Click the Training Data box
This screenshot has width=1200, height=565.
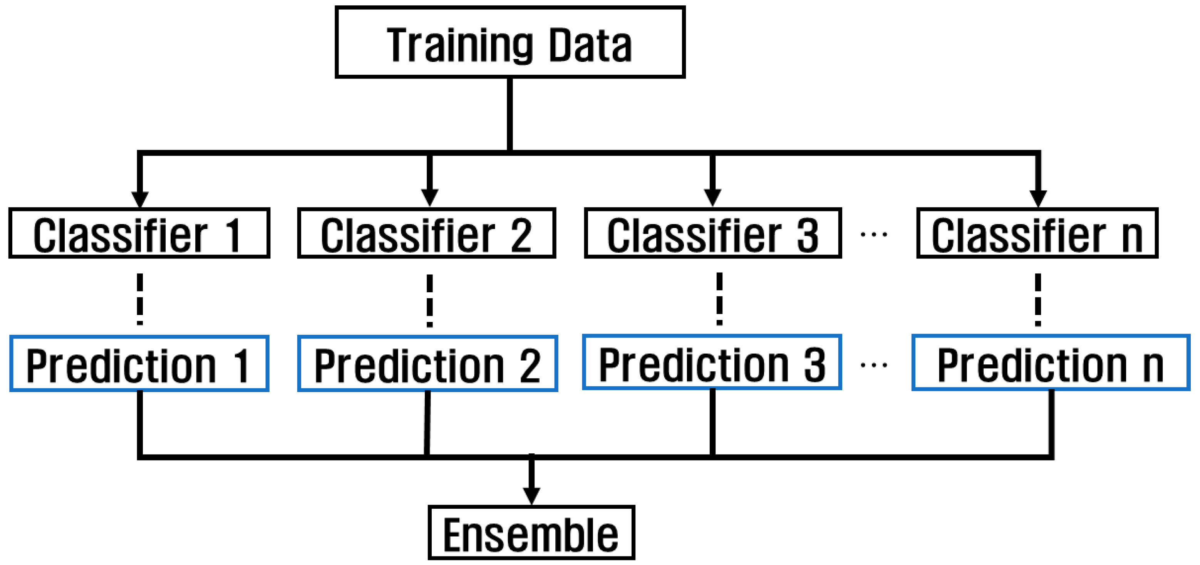(x=509, y=42)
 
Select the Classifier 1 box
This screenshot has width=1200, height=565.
(x=139, y=233)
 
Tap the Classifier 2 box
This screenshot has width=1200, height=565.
(x=426, y=233)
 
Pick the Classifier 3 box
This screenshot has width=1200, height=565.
(x=712, y=233)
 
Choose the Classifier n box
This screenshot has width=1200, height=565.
(x=1037, y=233)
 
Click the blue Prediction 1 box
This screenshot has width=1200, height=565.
(x=139, y=363)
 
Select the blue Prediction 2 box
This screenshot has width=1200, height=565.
(x=427, y=363)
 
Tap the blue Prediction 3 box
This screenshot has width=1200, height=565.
(x=711, y=362)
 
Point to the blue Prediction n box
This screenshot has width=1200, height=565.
(x=1051, y=362)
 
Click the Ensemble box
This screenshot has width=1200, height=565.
(x=531, y=532)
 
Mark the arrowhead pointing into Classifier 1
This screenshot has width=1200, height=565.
(x=140, y=198)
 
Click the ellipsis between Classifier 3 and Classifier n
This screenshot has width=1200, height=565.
(x=873, y=234)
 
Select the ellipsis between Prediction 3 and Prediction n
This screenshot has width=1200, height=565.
(x=873, y=365)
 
